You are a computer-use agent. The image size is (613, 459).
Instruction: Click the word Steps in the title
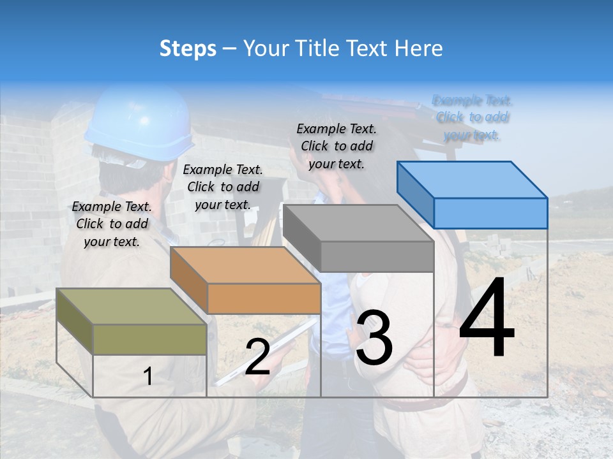(x=188, y=48)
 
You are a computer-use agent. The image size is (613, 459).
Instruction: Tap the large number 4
(x=487, y=318)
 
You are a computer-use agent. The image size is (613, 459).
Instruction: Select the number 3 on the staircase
(x=374, y=337)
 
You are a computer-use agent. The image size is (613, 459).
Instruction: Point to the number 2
(x=257, y=357)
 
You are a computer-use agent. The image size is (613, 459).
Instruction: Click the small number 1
(x=148, y=377)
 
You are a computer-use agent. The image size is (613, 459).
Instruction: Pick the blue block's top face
(x=473, y=179)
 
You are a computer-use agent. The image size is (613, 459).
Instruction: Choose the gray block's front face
(x=377, y=257)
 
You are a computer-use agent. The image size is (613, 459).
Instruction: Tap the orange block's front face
(x=264, y=298)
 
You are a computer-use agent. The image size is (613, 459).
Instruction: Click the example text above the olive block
(x=112, y=224)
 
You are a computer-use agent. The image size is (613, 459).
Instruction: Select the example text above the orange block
(x=223, y=187)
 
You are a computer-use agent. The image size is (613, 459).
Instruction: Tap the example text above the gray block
(x=337, y=146)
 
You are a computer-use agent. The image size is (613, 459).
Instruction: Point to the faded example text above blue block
(x=473, y=117)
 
